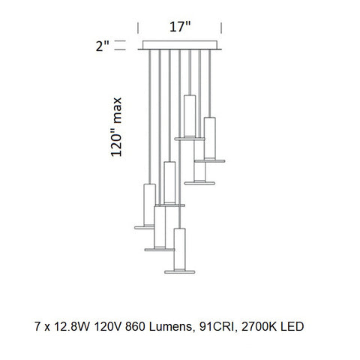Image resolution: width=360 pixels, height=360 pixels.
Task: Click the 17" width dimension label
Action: click(181, 27)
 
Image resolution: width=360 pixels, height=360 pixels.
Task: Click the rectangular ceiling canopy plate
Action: click(181, 48)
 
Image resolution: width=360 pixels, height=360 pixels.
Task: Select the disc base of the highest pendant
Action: click(190, 139)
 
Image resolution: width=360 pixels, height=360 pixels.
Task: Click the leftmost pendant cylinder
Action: click(148, 202)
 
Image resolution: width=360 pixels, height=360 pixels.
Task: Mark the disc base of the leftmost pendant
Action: click(148, 225)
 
